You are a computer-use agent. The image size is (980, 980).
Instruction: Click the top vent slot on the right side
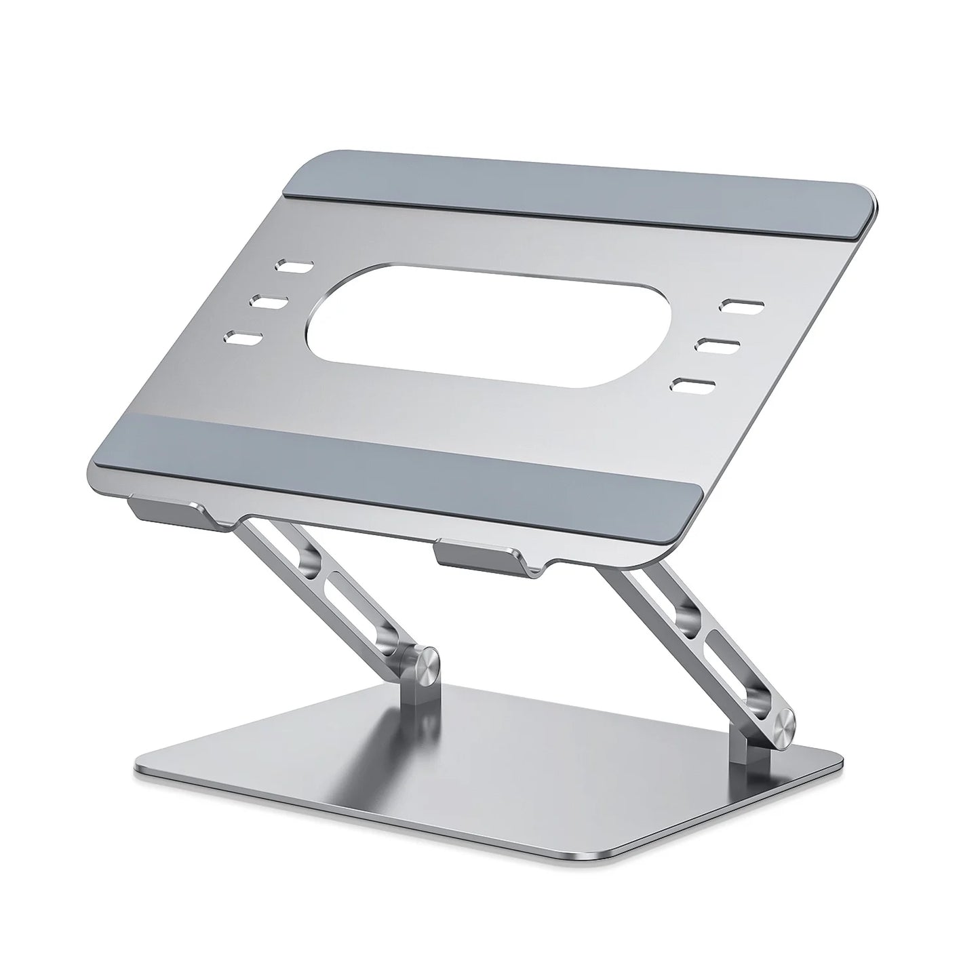tap(742, 305)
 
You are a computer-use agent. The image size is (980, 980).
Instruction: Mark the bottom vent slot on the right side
tap(692, 384)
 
